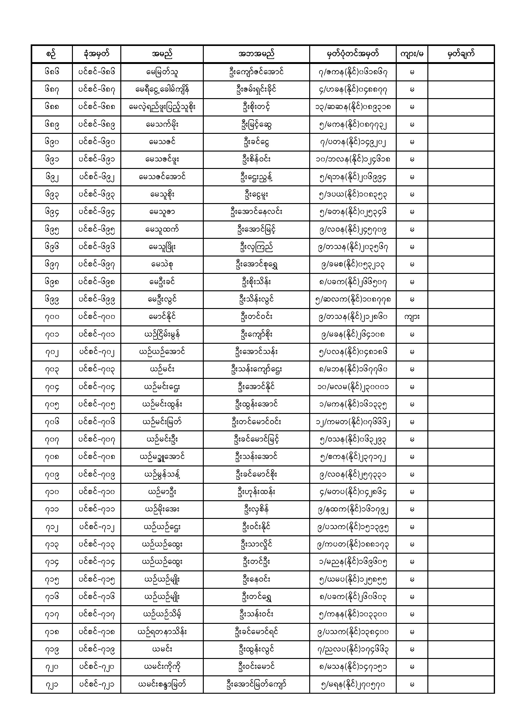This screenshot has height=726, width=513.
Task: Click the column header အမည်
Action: pyautogui.click(x=162, y=54)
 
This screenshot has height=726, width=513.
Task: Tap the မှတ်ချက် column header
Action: pyautogui.click(x=461, y=54)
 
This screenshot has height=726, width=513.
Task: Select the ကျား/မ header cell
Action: pyautogui.click(x=412, y=54)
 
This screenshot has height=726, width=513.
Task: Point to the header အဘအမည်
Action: pyautogui.click(x=256, y=54)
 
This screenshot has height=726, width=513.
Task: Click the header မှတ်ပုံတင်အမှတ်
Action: pyautogui.click(x=353, y=54)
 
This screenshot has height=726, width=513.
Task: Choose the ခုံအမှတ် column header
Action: pyautogui.click(x=96, y=54)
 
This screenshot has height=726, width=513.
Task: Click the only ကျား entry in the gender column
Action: pyautogui.click(x=412, y=317)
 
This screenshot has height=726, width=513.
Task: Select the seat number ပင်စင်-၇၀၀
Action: pyautogui.click(x=96, y=317)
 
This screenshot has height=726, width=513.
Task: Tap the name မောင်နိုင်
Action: pyautogui.click(x=162, y=317)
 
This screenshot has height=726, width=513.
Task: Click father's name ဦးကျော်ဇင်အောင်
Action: pyautogui.click(x=256, y=72)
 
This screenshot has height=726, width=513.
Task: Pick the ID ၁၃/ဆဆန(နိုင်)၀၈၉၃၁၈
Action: pyautogui.click(x=353, y=107)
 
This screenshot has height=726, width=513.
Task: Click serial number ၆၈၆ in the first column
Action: pyautogui.click(x=52, y=72)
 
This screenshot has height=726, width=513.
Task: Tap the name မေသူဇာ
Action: pyautogui.click(x=162, y=212)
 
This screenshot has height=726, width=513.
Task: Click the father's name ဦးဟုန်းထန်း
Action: pyautogui.click(x=256, y=492)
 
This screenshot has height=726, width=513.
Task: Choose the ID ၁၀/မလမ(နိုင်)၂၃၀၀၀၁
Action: pyautogui.click(x=353, y=387)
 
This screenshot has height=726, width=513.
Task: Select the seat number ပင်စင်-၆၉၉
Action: pyautogui.click(x=96, y=299)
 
